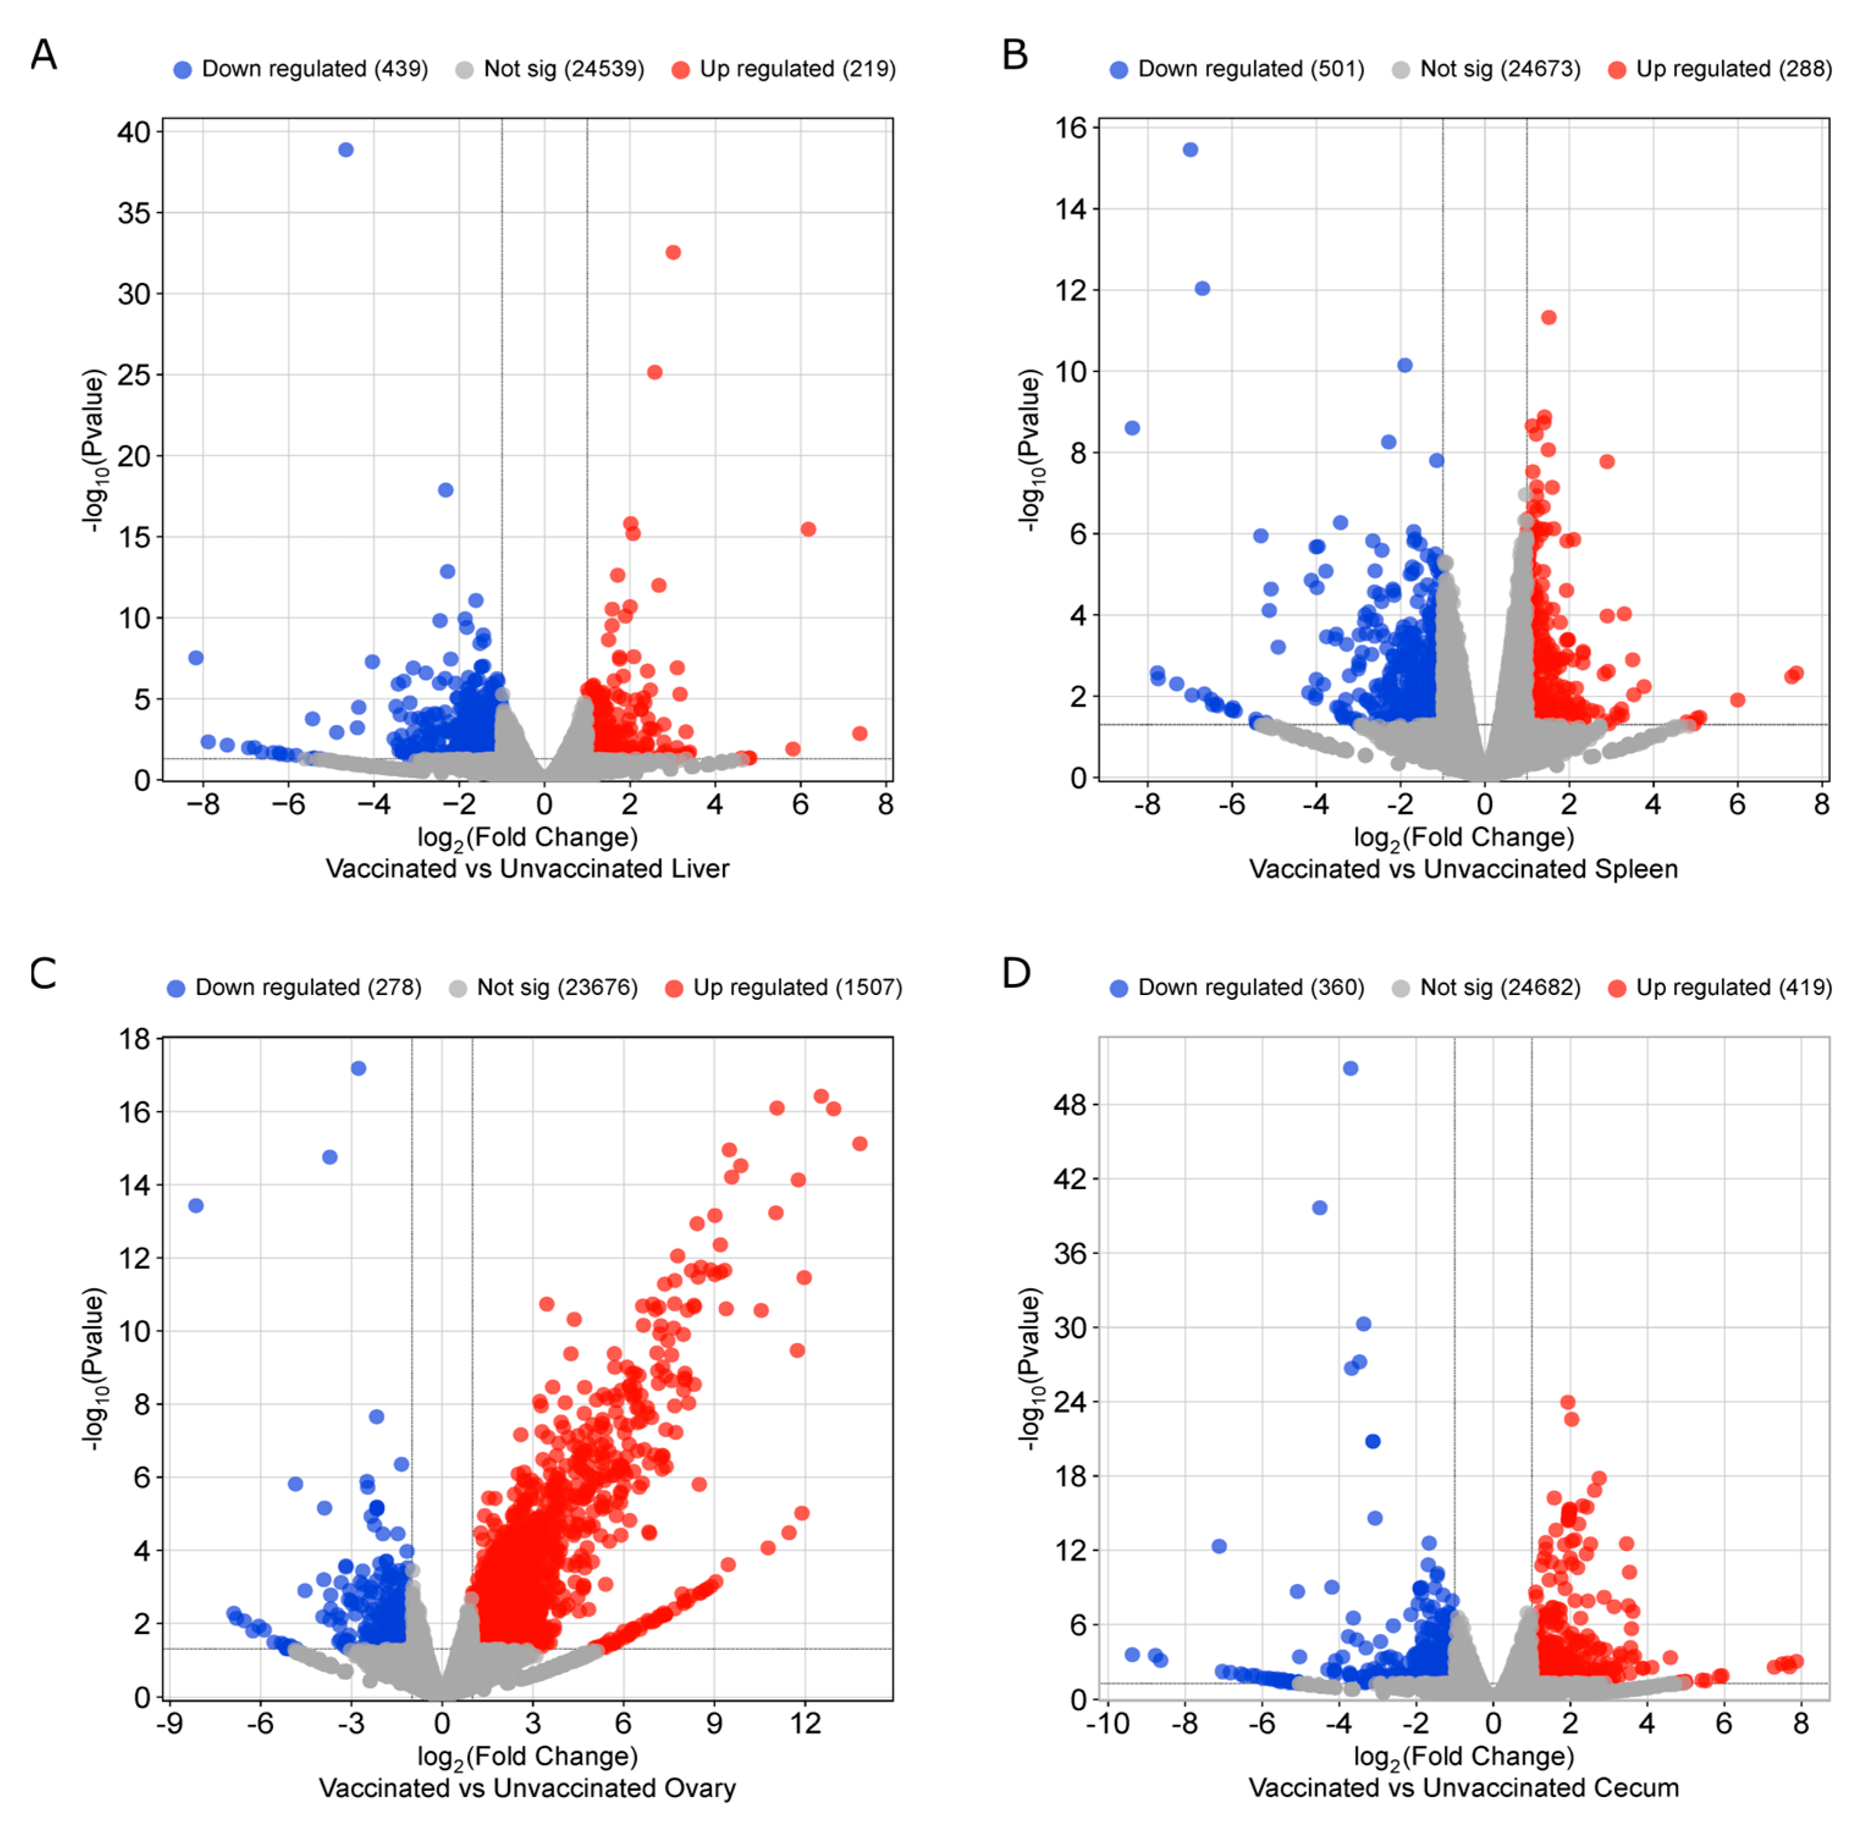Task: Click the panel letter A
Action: (x=43, y=55)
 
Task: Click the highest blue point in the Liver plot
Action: (x=346, y=150)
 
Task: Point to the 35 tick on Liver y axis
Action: (x=134, y=213)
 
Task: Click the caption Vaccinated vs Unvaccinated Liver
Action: (x=528, y=869)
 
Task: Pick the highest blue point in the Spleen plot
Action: (x=1190, y=150)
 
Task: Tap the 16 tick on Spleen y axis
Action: (x=1071, y=128)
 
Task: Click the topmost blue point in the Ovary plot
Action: (x=358, y=1069)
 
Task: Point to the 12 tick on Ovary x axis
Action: (x=805, y=1724)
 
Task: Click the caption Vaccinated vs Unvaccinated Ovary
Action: (x=528, y=1788)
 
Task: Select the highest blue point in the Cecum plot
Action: (x=1350, y=1069)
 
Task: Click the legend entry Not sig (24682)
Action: (x=1499, y=988)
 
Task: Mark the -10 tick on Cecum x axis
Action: (x=1108, y=1724)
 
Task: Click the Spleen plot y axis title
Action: (x=1029, y=450)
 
